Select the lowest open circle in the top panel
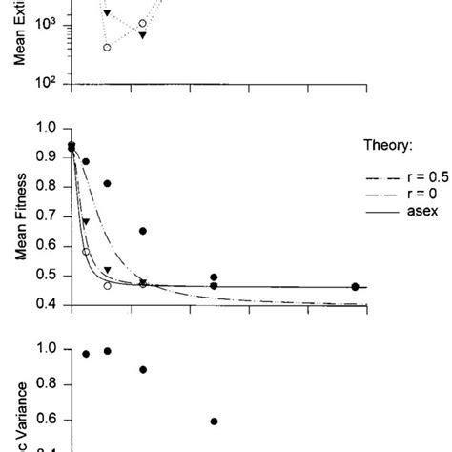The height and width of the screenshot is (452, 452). tap(107, 47)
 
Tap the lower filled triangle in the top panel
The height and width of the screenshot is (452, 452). tap(142, 35)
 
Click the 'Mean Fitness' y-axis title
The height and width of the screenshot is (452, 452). tap(18, 216)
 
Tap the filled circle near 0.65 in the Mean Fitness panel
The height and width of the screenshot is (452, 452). tap(143, 231)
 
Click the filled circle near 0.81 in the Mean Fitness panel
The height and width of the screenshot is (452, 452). tap(107, 183)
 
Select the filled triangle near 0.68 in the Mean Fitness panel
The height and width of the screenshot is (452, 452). tap(86, 222)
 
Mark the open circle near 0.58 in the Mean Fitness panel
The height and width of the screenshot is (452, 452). tap(86, 252)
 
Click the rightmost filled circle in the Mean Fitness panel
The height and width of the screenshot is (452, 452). tap(355, 286)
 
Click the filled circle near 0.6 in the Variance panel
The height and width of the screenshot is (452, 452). tap(214, 421)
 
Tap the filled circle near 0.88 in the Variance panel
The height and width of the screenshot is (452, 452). tap(143, 369)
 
